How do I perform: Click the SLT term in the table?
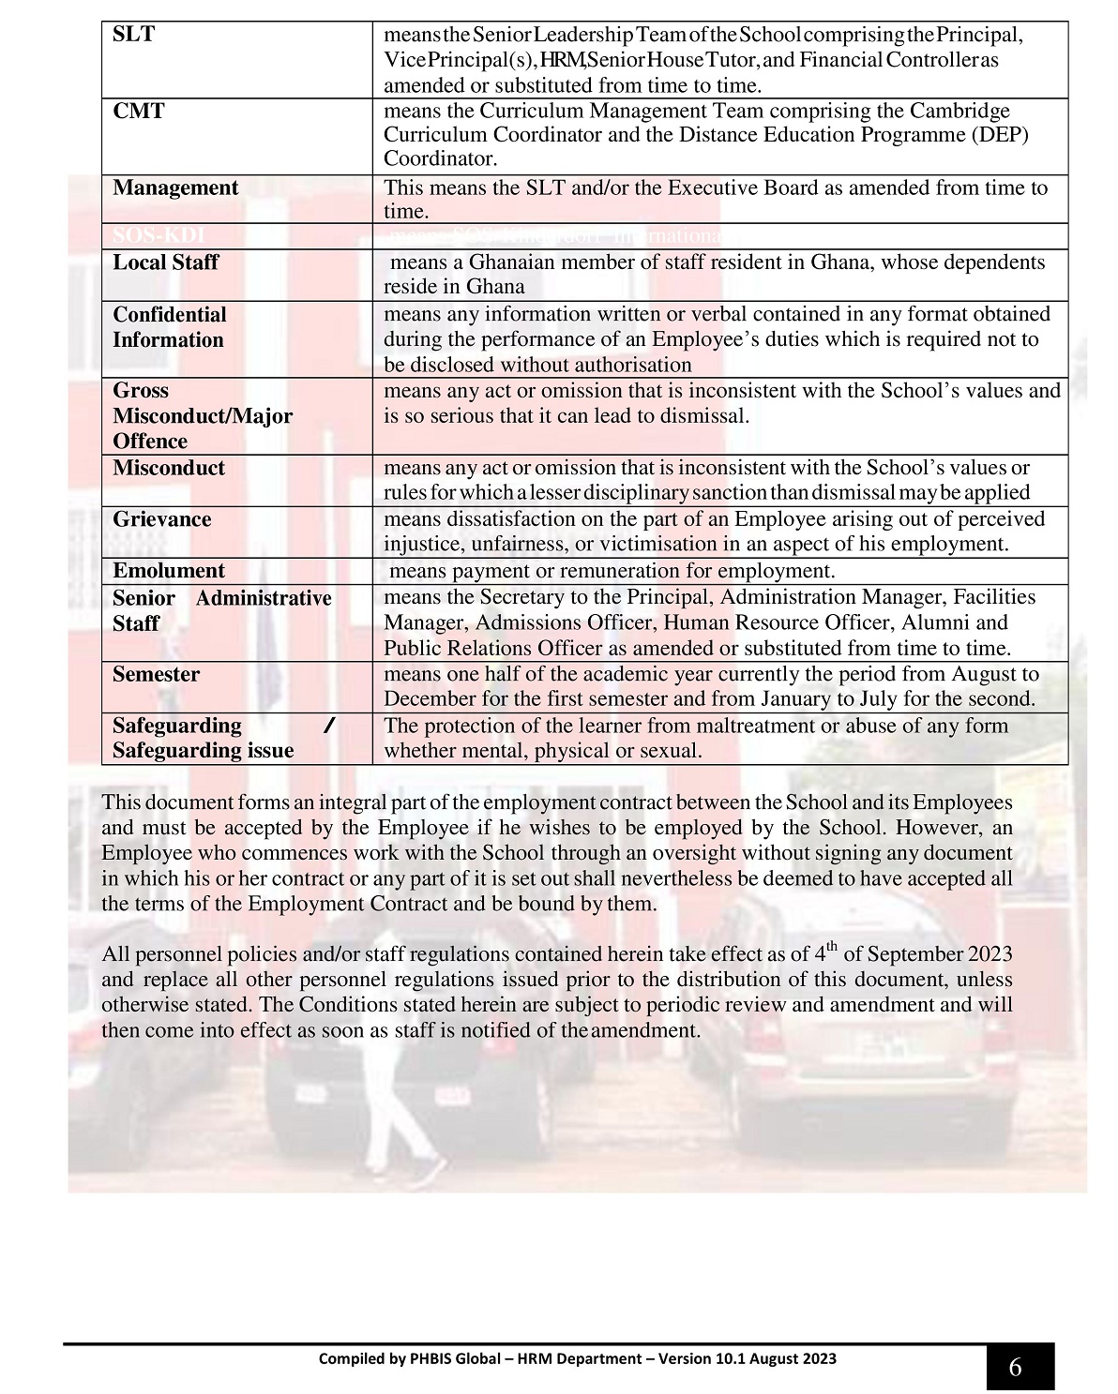pyautogui.click(x=133, y=36)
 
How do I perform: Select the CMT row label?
pyautogui.click(x=138, y=112)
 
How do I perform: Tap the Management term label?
pyautogui.click(x=175, y=188)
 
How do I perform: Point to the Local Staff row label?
pyautogui.click(x=165, y=262)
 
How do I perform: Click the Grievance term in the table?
pyautogui.click(x=161, y=519)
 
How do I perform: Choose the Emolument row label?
pyautogui.click(x=169, y=571)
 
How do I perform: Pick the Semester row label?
pyautogui.click(x=156, y=674)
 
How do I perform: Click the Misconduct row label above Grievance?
pyautogui.click(x=169, y=468)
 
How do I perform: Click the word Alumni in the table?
pyautogui.click(x=978, y=622)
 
